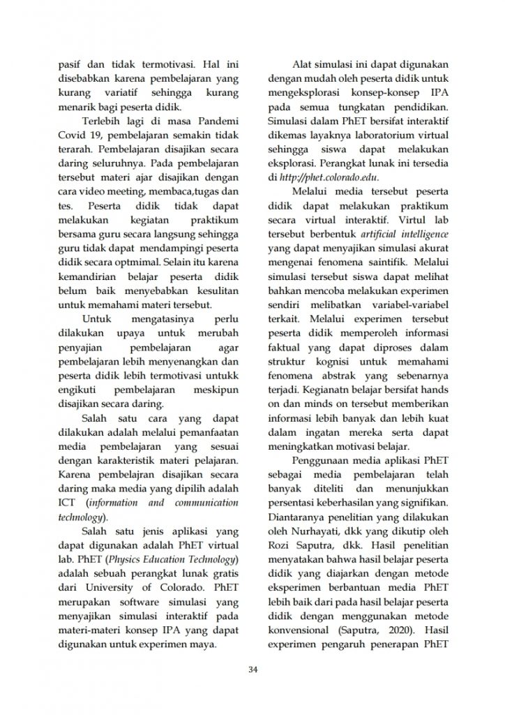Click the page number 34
coord(253,671)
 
